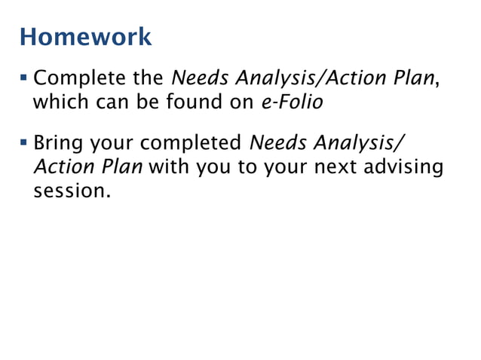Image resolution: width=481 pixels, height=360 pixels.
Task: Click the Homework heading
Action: click(x=85, y=35)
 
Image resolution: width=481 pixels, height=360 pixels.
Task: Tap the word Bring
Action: click(x=59, y=142)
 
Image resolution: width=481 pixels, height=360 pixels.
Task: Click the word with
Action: click(x=169, y=166)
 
